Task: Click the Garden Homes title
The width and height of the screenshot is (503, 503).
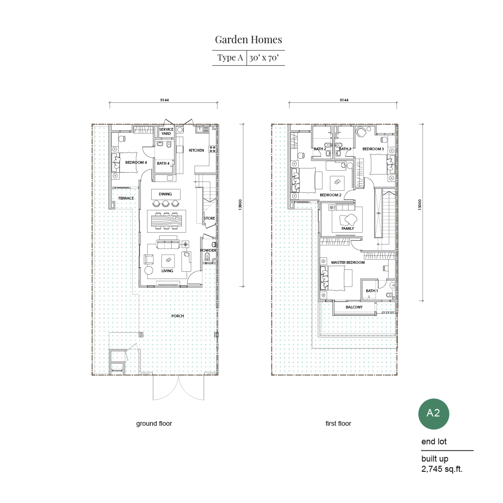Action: coord(248,40)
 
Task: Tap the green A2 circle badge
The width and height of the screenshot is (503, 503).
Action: coord(433,414)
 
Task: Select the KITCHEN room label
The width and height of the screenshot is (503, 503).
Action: coord(196,150)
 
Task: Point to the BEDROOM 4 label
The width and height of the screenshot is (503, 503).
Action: coord(136,162)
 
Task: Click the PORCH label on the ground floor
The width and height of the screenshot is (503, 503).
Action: coord(178,316)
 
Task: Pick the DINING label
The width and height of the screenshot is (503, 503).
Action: coord(165,194)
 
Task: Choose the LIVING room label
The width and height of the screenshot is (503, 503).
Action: coord(167,271)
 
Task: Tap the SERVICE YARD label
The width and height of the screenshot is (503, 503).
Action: coord(166,132)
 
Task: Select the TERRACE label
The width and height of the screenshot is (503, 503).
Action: coord(126,198)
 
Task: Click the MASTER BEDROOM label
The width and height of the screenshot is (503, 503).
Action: coord(348,262)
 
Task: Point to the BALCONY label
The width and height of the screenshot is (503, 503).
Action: coord(354,307)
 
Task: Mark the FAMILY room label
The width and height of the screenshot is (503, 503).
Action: coord(348,228)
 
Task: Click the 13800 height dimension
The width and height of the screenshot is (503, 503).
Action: coord(240,204)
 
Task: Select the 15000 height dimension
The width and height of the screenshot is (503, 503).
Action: coord(420,205)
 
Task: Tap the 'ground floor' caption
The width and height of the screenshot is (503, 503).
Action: coord(154,423)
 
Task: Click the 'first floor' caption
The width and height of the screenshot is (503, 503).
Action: coord(338,423)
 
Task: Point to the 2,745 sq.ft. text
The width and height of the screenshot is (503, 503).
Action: coord(442,469)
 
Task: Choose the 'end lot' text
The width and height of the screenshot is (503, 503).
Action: coord(434,442)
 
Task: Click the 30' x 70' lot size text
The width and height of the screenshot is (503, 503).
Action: coord(264,58)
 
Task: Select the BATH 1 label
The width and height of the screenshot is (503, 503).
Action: coord(372,291)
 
